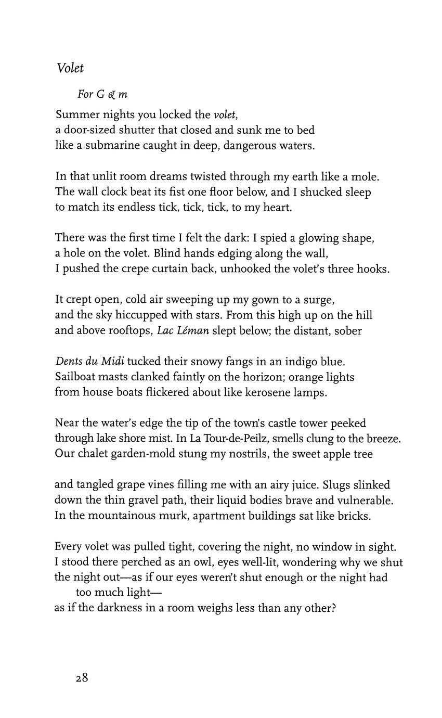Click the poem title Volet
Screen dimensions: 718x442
(x=70, y=68)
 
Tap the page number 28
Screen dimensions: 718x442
(x=82, y=678)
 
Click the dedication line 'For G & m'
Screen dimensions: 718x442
(x=102, y=94)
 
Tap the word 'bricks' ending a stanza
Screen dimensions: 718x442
(x=356, y=516)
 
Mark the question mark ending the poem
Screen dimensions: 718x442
(x=333, y=608)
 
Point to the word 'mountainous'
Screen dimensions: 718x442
(x=116, y=516)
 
